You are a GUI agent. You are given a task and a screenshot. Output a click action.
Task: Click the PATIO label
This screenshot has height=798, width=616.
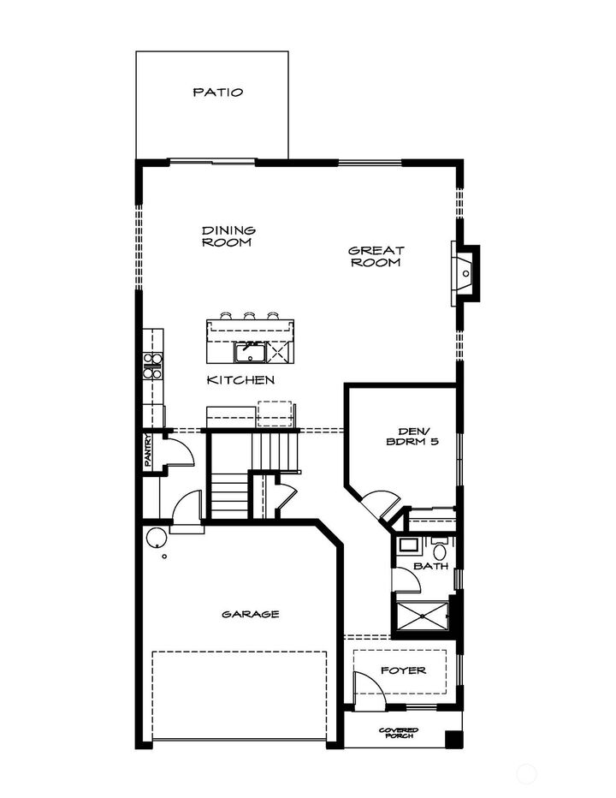pos(217,92)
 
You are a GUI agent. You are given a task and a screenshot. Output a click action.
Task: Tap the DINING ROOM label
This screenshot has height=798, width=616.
pos(228,236)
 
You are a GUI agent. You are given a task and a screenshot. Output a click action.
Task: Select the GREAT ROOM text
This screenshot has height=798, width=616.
pos(375,257)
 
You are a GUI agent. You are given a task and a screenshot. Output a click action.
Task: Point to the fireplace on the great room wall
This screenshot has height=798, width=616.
pos(465,273)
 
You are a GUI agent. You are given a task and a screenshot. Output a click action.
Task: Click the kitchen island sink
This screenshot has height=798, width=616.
pos(250,351)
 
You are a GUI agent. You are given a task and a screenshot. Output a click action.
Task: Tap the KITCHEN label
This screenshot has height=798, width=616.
pos(240,379)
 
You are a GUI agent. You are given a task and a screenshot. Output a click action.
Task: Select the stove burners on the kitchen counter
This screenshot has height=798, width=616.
pos(152,366)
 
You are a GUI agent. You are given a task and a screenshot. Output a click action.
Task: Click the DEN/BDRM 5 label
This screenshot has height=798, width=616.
pos(406,437)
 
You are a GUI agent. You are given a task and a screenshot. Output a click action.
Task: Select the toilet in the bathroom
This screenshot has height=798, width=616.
pos(440,549)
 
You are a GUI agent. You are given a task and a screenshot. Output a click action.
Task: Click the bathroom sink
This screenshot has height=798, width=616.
pos(408,545)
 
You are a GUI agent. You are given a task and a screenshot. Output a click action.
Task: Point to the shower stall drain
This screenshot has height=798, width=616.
pos(423,616)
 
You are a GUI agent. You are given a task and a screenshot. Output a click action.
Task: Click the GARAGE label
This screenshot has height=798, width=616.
pos(251,614)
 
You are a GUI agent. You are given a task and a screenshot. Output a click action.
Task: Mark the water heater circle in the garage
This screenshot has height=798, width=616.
pos(156,539)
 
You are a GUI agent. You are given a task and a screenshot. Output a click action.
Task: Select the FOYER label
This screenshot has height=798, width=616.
pos(403,670)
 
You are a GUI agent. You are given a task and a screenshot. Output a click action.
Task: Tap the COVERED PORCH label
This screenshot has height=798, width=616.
pos(399,733)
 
